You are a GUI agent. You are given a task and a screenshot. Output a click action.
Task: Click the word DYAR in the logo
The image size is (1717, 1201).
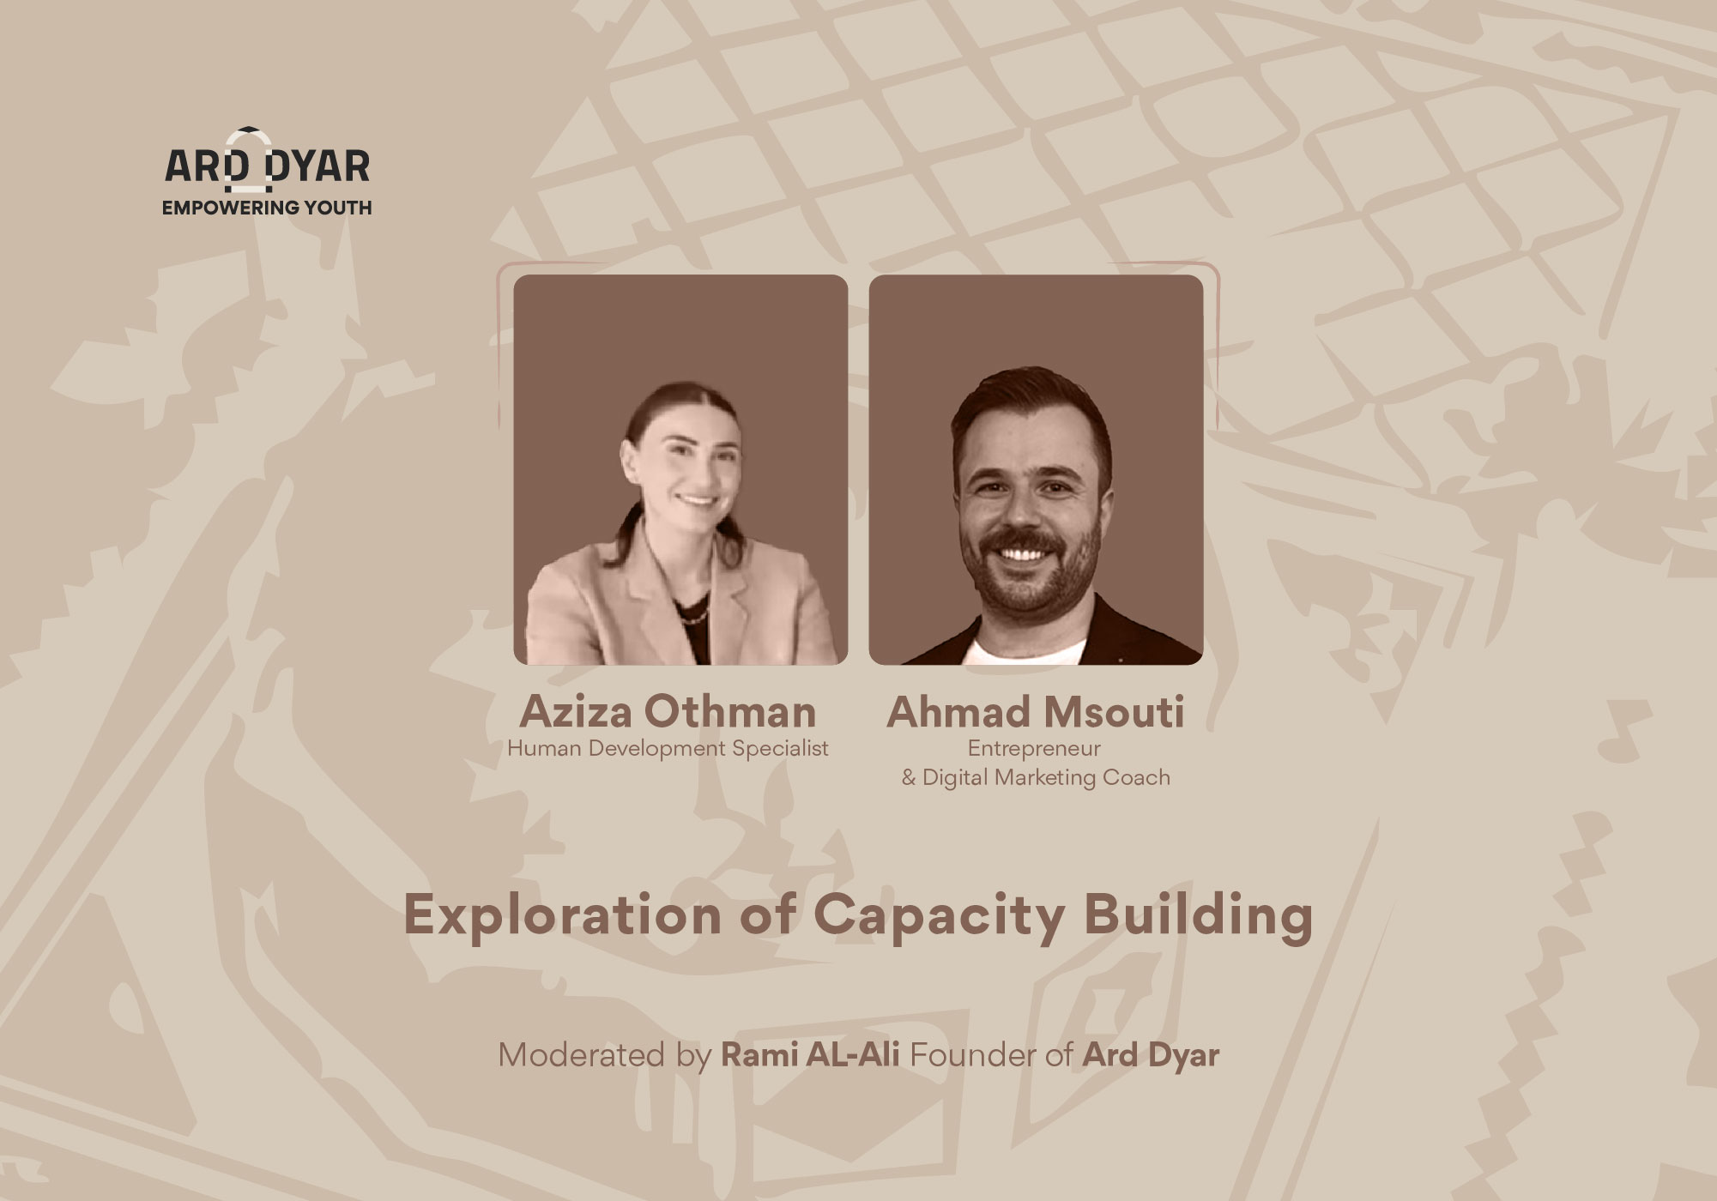click(317, 166)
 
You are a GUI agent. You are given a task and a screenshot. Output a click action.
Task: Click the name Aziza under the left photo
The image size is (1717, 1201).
click(576, 712)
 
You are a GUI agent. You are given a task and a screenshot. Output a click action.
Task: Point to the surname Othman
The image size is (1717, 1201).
click(730, 712)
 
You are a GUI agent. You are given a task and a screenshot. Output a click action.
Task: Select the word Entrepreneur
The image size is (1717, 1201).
click(1034, 748)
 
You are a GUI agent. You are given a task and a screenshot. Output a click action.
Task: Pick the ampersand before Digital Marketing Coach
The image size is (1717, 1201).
click(909, 778)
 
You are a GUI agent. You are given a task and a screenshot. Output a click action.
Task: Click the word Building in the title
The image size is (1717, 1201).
click(1198, 916)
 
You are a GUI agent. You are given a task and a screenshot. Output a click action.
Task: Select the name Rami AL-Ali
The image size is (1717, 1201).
click(810, 1055)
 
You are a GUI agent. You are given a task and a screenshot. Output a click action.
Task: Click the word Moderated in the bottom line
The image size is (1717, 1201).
click(582, 1055)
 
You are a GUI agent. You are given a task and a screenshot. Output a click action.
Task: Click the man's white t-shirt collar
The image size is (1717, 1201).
click(1023, 651)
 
